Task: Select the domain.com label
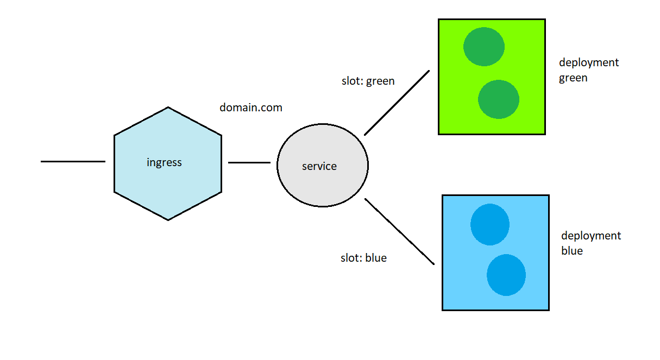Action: (251, 108)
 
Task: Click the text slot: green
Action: (368, 81)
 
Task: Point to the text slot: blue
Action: (363, 258)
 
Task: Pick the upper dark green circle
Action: (484, 47)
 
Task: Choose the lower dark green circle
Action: (499, 99)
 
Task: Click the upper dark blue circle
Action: (490, 224)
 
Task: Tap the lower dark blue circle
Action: (506, 275)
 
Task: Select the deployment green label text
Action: (589, 70)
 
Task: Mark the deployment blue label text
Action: (591, 243)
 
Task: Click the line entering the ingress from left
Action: (73, 161)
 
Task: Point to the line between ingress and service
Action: (249, 162)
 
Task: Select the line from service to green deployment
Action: (397, 103)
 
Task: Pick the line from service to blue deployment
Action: (399, 231)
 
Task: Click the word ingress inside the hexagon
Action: (164, 162)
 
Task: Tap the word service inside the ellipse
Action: (319, 166)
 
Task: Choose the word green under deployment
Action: (573, 78)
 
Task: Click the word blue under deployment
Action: (572, 251)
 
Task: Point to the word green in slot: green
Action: (380, 81)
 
